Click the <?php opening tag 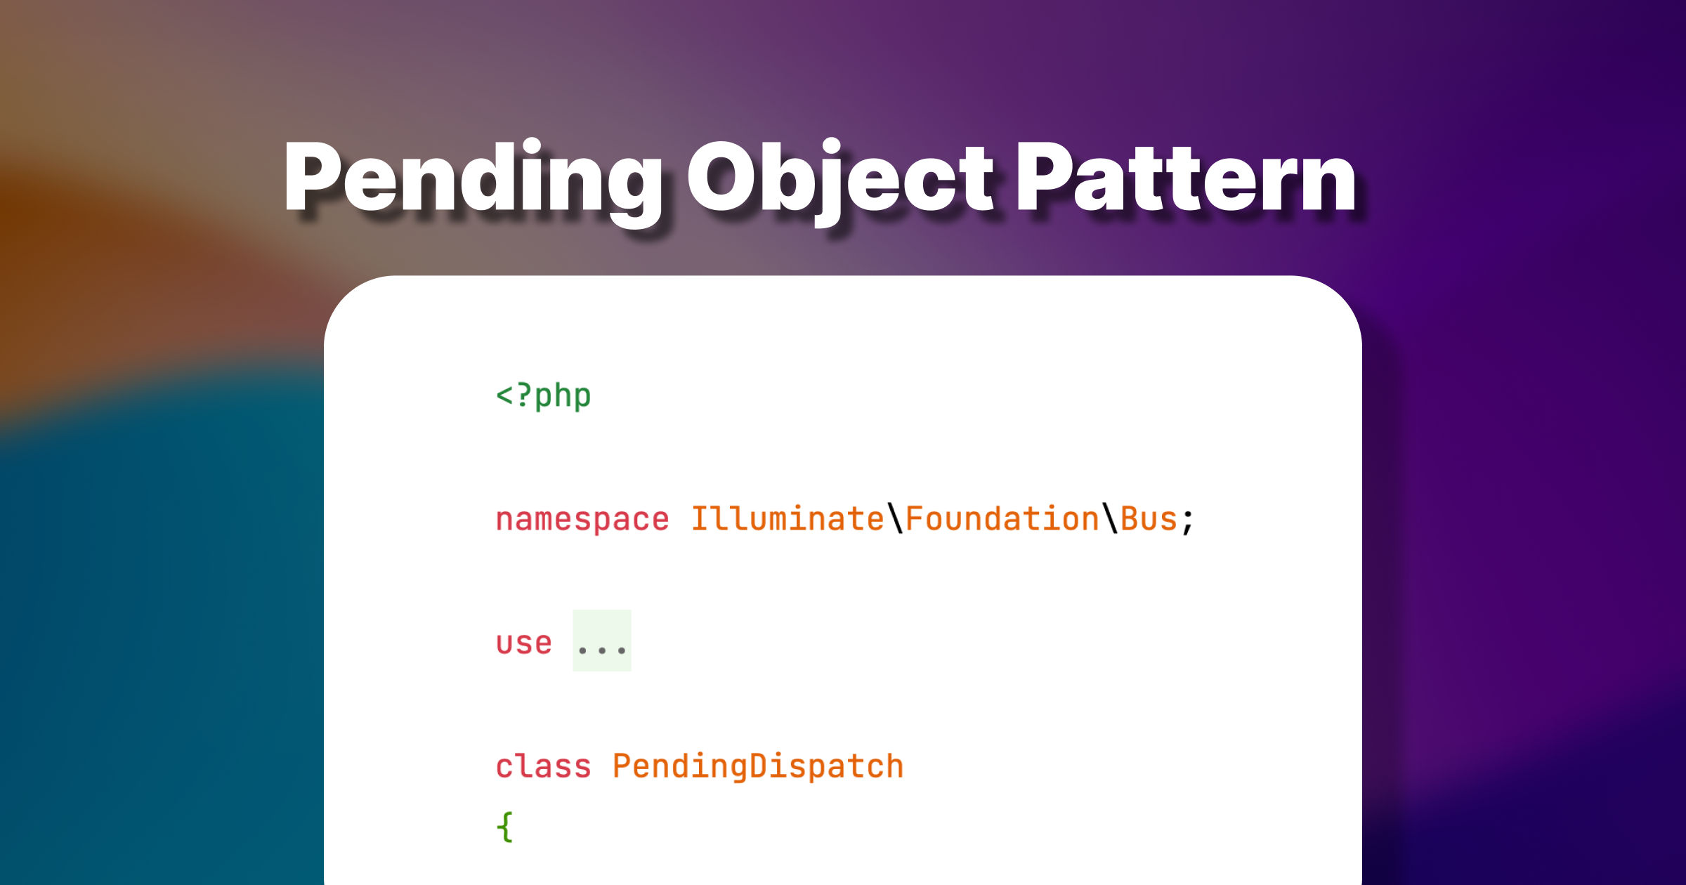544,396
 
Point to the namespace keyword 582,520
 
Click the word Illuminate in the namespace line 788,519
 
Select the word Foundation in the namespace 1002,519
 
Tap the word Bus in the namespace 1149,520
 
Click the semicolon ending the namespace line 1187,522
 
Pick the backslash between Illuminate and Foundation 895,519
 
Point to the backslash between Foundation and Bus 1110,519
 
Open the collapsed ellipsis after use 602,641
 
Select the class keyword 544,766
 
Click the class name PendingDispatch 758,767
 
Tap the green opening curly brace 505,827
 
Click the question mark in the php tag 523,395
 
